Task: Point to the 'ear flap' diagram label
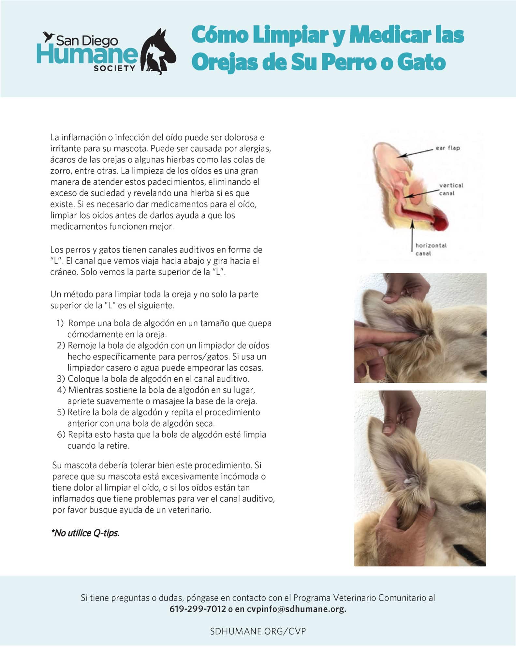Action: tap(448, 148)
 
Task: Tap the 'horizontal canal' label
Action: tap(431, 249)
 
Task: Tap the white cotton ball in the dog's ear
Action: tap(407, 482)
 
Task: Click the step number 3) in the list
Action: tap(61, 379)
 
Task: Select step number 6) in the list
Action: tap(61, 435)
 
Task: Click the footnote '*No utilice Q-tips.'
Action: tap(85, 533)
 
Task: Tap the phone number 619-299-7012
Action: tap(198, 609)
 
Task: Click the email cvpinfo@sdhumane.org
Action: tap(296, 609)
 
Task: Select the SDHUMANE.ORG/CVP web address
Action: tap(258, 631)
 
